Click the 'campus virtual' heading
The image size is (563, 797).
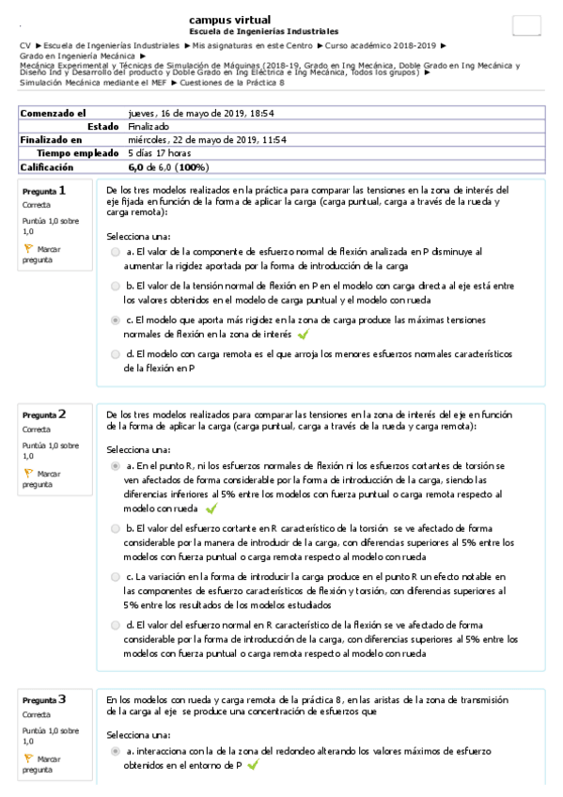(x=229, y=19)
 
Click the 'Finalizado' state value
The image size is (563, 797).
(x=149, y=126)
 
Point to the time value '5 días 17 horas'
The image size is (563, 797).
(x=160, y=152)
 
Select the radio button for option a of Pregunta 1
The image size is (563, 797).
(x=116, y=252)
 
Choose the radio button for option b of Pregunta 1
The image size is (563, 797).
(x=116, y=286)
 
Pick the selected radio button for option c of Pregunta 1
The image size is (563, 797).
(x=116, y=320)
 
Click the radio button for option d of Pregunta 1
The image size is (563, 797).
(x=116, y=354)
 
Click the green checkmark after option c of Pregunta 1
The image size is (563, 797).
(x=303, y=334)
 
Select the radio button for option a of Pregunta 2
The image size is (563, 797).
(x=116, y=465)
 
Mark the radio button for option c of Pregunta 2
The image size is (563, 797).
(x=116, y=576)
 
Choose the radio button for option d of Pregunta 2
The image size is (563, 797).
(x=116, y=625)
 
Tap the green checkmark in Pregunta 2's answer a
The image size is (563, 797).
(x=211, y=508)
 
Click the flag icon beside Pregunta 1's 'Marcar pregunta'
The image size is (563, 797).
(x=27, y=249)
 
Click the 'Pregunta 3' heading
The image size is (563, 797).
(x=44, y=699)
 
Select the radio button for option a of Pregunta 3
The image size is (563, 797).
(x=116, y=752)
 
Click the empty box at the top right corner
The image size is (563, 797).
(x=525, y=25)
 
